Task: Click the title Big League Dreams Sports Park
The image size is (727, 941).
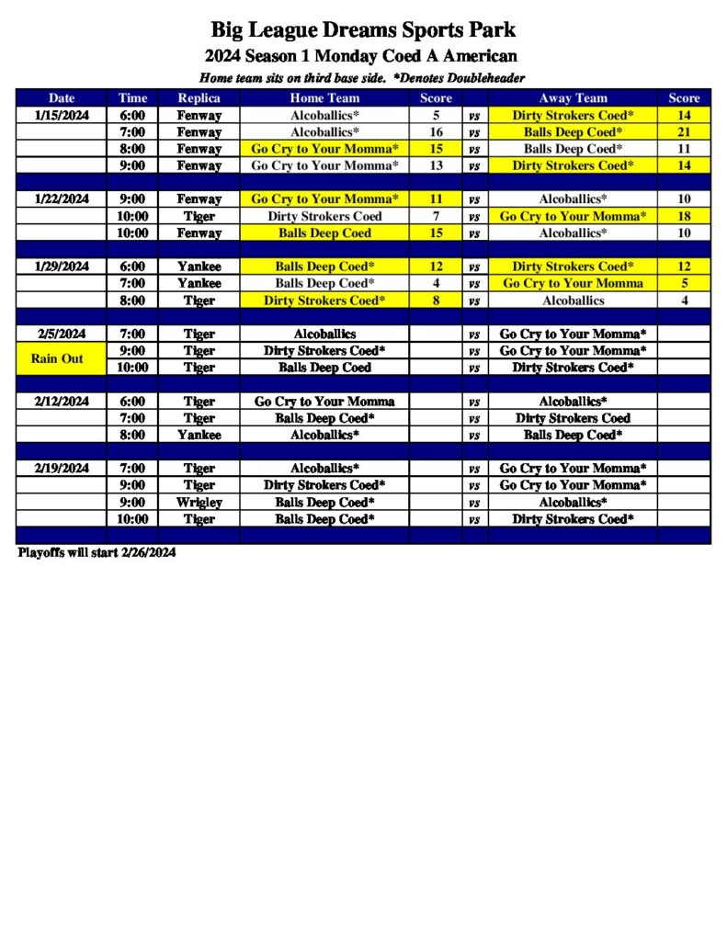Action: pyautogui.click(x=363, y=31)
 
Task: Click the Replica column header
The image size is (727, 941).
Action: pyautogui.click(x=199, y=98)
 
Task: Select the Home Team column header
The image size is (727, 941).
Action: pyautogui.click(x=324, y=98)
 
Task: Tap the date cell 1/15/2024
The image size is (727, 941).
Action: pyautogui.click(x=62, y=116)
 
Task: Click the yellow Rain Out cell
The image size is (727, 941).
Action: pyautogui.click(x=57, y=358)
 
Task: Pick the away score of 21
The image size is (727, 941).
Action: pyautogui.click(x=684, y=132)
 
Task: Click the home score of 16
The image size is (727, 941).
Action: pyautogui.click(x=437, y=132)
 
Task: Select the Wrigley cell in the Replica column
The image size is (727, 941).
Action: pyautogui.click(x=199, y=503)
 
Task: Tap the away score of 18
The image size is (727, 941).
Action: pyautogui.click(x=684, y=216)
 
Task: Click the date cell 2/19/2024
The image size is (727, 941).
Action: pyautogui.click(x=62, y=469)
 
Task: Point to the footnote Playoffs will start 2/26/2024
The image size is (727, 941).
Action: pyautogui.click(x=97, y=553)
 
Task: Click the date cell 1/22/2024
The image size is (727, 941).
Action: pyautogui.click(x=62, y=199)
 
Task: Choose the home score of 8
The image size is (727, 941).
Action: pyautogui.click(x=437, y=300)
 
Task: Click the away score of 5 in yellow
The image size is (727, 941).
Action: pyautogui.click(x=684, y=283)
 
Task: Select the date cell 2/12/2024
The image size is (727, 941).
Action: pyautogui.click(x=62, y=402)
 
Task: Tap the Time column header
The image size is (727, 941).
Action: pyautogui.click(x=132, y=98)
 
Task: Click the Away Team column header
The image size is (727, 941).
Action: pyautogui.click(x=573, y=98)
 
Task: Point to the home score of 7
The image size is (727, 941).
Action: pyautogui.click(x=437, y=216)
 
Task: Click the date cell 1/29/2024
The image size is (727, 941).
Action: pyautogui.click(x=62, y=266)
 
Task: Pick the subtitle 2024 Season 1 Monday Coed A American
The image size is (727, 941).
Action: pyautogui.click(x=361, y=56)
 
